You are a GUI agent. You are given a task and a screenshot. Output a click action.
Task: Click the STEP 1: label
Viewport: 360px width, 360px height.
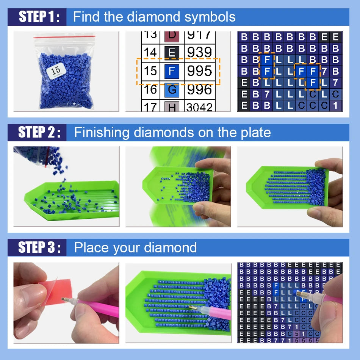39,17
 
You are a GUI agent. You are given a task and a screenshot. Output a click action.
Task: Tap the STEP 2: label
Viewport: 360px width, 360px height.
39,132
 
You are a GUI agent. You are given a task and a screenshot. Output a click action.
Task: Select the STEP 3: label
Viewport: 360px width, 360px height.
39,247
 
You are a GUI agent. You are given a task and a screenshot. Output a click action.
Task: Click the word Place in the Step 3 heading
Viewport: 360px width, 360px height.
91,247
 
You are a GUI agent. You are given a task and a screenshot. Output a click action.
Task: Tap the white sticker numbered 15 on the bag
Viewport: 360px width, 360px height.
56,70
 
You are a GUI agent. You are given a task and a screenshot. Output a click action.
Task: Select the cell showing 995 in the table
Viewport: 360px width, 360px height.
200,71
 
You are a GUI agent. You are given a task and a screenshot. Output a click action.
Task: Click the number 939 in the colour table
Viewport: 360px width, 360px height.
200,52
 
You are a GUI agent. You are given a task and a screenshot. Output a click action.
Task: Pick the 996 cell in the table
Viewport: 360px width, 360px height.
200,89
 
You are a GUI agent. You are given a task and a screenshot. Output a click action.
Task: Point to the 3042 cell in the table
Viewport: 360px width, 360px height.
200,107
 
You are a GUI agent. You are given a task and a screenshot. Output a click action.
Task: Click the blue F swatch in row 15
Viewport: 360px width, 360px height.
172,71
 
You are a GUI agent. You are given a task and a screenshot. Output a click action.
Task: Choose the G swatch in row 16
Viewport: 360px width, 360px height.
172,90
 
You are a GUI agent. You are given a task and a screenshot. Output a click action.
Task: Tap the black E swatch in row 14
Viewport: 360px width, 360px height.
172,52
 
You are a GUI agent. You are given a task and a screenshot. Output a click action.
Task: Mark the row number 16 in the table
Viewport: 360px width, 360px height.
150,89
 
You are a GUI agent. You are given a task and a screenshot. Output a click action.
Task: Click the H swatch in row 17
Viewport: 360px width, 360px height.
172,107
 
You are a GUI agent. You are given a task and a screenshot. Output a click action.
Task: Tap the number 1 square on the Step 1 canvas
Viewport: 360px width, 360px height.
335,105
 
